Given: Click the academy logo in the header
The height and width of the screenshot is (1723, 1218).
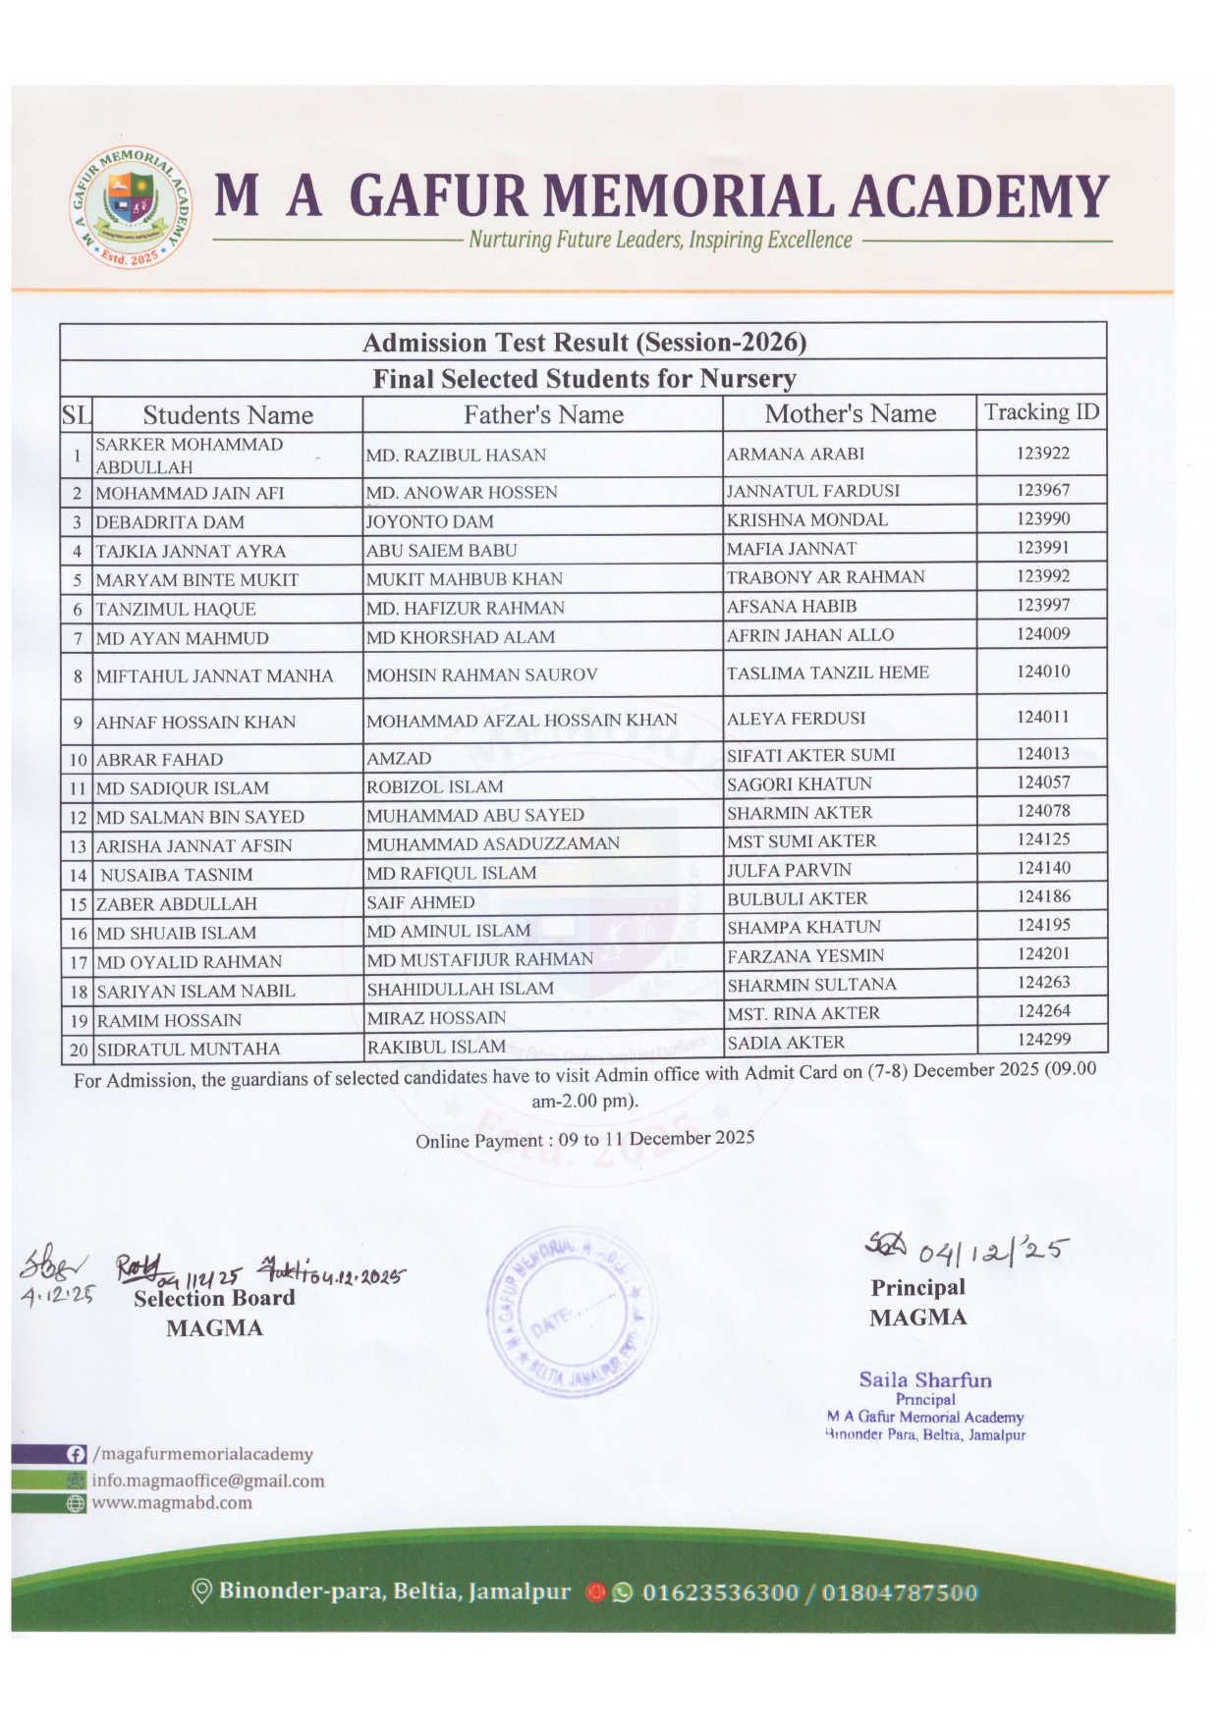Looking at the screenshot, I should click(133, 206).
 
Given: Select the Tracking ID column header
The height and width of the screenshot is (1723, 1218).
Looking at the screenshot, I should click(1041, 412).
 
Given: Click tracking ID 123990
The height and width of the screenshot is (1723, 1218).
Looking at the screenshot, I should click(1042, 518).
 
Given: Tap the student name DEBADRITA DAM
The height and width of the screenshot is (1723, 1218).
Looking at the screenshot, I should click(170, 522).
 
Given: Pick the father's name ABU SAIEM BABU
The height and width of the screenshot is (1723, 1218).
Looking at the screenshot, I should click(441, 551).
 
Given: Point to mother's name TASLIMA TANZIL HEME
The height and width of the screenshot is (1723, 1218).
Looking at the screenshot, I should click(827, 673).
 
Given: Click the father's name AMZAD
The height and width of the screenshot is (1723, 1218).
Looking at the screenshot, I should click(399, 758).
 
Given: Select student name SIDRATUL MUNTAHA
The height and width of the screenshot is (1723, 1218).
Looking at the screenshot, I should click(189, 1049).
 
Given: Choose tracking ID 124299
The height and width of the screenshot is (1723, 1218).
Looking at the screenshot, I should click(1043, 1039).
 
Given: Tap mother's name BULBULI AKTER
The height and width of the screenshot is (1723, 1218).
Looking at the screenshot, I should click(797, 898).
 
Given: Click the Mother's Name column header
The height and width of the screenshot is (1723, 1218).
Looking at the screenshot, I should click(850, 413).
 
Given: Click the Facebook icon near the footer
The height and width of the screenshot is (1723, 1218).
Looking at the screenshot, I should click(76, 1454).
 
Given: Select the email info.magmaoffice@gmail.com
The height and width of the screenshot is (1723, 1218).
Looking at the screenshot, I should click(207, 1481).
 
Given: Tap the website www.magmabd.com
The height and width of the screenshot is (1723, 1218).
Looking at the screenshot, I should click(172, 1503).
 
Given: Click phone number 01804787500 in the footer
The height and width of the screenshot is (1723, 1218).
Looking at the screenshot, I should click(900, 1591).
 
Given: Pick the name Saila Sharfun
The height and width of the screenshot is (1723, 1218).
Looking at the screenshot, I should click(925, 1379).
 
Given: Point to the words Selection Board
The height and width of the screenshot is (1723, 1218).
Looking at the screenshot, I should click(214, 1298).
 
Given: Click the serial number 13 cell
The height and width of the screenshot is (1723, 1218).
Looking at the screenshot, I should click(78, 846).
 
